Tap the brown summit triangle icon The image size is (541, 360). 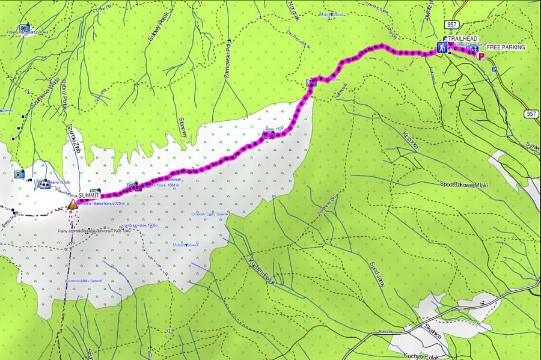73,205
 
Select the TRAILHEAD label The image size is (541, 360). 463,38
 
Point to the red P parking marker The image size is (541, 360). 481,57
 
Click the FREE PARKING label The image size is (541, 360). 506,47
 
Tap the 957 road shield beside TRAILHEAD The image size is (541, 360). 453,24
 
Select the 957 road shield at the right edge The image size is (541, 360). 531,114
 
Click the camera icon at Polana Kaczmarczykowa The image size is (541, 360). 24,28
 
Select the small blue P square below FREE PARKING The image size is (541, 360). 495,69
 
